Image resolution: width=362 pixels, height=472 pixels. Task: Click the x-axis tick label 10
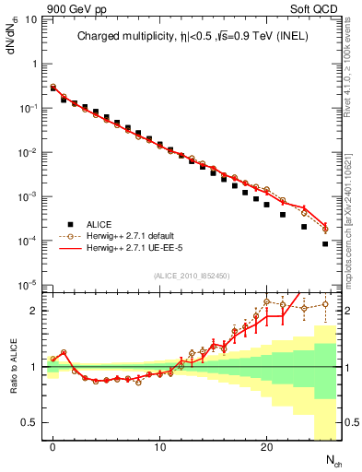click(159, 448)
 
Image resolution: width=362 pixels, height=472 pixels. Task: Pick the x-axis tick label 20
click(266, 448)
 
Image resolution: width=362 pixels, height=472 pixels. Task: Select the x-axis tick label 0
click(53, 448)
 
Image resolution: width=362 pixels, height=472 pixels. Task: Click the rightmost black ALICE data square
click(325, 244)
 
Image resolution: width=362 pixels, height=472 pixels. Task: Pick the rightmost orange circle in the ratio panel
click(325, 304)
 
